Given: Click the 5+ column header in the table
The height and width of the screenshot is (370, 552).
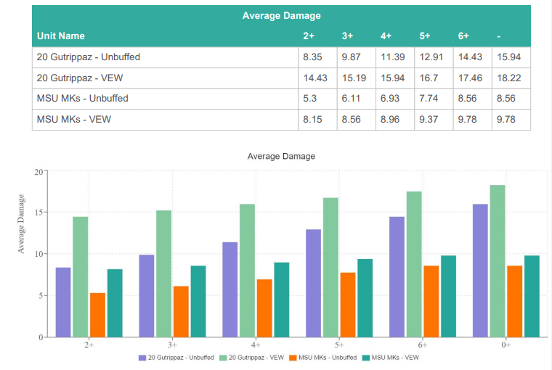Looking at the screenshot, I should pyautogui.click(x=425, y=36).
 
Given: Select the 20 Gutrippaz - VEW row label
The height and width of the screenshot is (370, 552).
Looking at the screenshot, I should pyautogui.click(x=89, y=78).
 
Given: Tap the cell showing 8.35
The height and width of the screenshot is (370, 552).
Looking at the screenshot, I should pyautogui.click(x=312, y=57).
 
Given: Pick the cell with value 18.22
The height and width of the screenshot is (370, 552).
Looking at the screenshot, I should pyautogui.click(x=507, y=78).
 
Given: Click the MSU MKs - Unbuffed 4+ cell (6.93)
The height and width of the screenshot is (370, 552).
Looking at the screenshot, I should pyautogui.click(x=390, y=99).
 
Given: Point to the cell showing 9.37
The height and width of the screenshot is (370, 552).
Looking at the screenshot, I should pyautogui.click(x=429, y=120).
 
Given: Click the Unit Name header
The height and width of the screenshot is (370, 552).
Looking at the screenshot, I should pyautogui.click(x=61, y=36).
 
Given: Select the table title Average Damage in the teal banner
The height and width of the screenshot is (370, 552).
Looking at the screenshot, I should pyautogui.click(x=281, y=15).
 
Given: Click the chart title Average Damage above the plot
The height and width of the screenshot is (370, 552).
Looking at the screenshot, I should pyautogui.click(x=281, y=156).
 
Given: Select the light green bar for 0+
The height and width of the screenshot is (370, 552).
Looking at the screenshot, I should pyautogui.click(x=498, y=261).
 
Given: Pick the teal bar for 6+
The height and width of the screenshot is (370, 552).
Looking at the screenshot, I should pyautogui.click(x=448, y=296).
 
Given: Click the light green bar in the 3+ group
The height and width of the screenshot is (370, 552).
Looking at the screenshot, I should pyautogui.click(x=163, y=274).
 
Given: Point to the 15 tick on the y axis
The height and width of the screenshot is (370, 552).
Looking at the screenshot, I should pyautogui.click(x=38, y=213).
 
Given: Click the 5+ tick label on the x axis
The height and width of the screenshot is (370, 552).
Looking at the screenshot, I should pyautogui.click(x=339, y=345).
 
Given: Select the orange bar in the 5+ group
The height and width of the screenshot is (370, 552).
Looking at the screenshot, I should pyautogui.click(x=348, y=305).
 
